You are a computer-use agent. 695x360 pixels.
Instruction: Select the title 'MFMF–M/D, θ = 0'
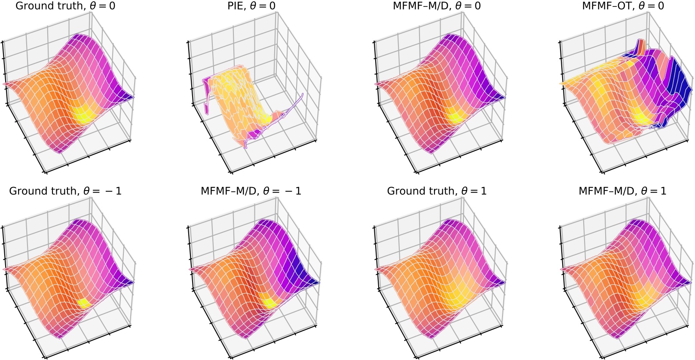(x=437, y=6)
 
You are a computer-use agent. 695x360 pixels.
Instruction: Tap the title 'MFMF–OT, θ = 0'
(x=622, y=6)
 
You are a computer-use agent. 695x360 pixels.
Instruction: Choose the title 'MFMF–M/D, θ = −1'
(x=251, y=191)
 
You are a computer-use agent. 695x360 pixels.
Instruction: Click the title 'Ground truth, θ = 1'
(x=437, y=191)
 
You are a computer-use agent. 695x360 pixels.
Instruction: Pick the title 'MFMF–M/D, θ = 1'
(x=622, y=191)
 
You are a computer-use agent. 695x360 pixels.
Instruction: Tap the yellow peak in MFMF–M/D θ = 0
(x=455, y=115)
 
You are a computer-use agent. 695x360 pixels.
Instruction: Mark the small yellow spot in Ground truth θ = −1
(x=84, y=302)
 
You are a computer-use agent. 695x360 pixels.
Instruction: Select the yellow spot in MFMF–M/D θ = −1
(x=271, y=302)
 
